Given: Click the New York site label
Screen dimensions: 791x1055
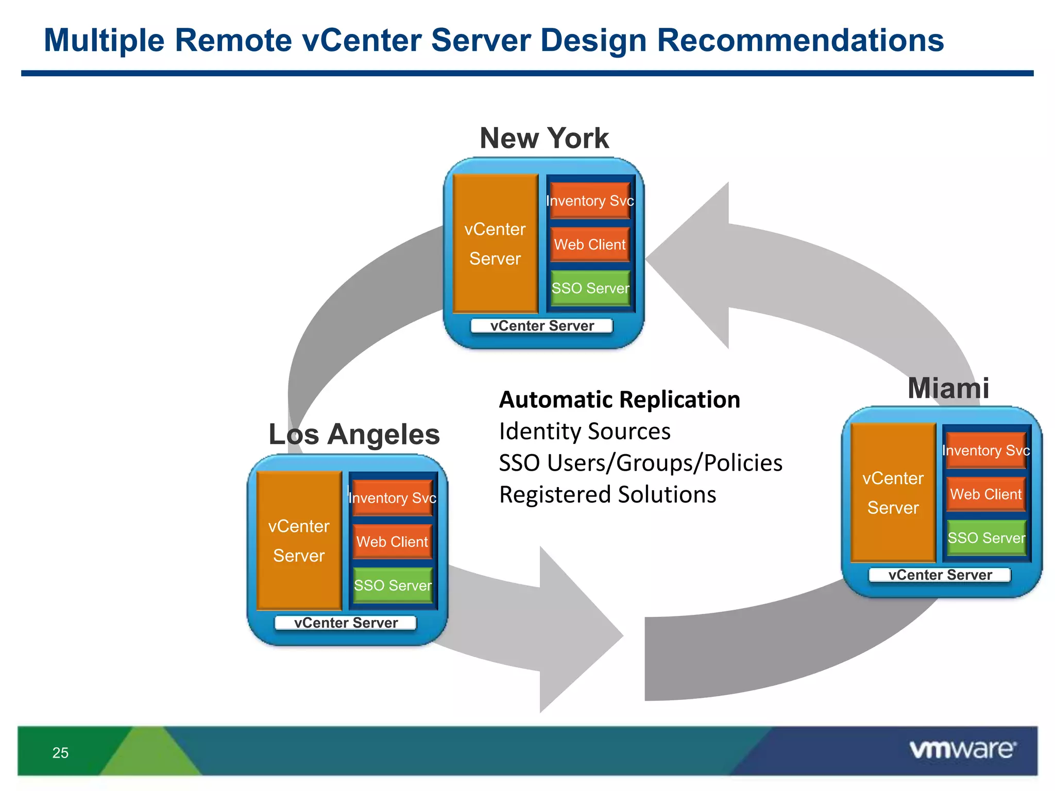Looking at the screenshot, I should coord(544,138).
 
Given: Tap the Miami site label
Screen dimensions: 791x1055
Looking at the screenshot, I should coord(948,388).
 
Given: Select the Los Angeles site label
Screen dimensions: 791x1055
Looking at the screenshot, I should coord(354,434).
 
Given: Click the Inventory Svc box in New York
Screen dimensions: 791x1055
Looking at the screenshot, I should coord(590,200).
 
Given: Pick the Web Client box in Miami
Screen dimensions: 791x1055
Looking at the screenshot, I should coord(985,494).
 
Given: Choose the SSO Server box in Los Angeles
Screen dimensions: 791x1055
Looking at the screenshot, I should coord(393,585).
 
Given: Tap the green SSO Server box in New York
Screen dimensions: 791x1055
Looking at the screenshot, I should coord(590,288).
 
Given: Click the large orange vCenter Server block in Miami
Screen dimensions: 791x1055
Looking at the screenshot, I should coord(893,492).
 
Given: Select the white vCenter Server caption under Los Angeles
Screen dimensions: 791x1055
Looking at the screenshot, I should coord(346,623).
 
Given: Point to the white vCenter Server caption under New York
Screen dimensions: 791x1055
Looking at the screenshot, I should coord(542,326).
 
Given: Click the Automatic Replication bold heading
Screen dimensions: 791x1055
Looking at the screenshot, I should coord(619,400).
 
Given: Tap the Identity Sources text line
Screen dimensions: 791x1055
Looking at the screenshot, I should coord(585,431).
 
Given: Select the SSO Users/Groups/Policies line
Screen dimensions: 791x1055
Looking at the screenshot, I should coord(640,462).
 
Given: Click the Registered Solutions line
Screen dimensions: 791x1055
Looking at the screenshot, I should coord(607,494).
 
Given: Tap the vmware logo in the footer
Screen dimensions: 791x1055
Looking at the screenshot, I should coord(962,749).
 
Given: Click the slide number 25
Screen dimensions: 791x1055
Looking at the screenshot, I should coord(60,753).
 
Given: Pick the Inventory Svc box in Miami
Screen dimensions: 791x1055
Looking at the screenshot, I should coord(985,450).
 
